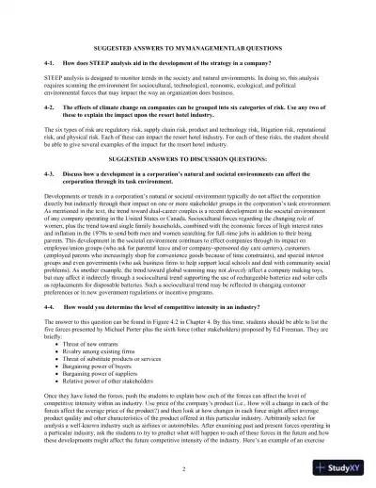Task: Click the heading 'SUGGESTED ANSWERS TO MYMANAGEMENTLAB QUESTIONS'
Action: click(x=188, y=47)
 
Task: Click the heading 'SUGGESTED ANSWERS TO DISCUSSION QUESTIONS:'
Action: click(x=188, y=160)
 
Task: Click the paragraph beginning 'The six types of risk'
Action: click(x=188, y=138)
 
